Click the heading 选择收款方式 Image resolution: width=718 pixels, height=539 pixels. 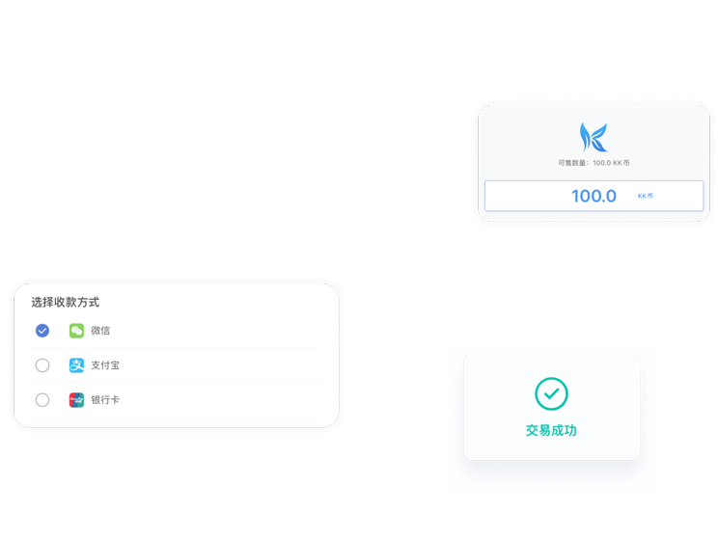pyautogui.click(x=65, y=302)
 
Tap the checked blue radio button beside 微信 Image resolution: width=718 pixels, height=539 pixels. pyautogui.click(x=42, y=331)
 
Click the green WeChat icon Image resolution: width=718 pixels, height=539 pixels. pyautogui.click(x=76, y=331)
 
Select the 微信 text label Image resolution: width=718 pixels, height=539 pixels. pyautogui.click(x=100, y=331)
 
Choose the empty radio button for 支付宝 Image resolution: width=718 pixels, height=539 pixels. pyautogui.click(x=42, y=365)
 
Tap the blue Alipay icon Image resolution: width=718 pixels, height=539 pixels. pyautogui.click(x=76, y=365)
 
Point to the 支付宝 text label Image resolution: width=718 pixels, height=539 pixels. pyautogui.click(x=105, y=365)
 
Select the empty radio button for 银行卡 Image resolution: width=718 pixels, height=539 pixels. pyautogui.click(x=42, y=400)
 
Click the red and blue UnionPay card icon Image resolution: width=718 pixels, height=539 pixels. pyautogui.click(x=76, y=400)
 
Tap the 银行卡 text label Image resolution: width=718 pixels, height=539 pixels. pyautogui.click(x=105, y=400)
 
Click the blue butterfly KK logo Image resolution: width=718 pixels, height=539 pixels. pyautogui.click(x=594, y=137)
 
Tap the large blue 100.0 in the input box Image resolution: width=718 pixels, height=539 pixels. pyautogui.click(x=594, y=196)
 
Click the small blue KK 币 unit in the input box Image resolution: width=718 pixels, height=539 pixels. pyautogui.click(x=646, y=196)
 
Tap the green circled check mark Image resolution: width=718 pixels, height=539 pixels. pyautogui.click(x=551, y=393)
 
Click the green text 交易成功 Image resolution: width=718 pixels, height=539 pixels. pyautogui.click(x=551, y=430)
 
